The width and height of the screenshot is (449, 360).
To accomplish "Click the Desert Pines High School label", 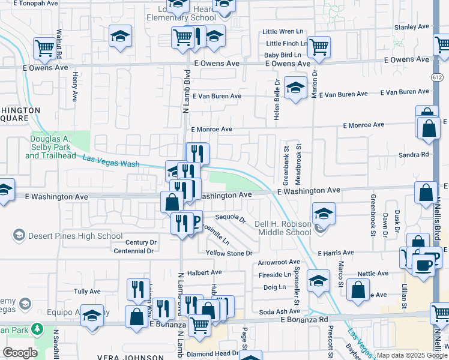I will point(76,236).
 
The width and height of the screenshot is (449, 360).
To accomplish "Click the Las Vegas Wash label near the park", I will point(111,161).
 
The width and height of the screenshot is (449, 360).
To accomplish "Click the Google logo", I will point(20,353).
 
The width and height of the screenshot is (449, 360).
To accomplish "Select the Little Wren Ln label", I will point(284,32).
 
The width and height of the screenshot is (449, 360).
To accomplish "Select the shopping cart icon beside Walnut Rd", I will point(44,47).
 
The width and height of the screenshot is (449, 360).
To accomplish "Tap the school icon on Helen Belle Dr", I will point(295,88).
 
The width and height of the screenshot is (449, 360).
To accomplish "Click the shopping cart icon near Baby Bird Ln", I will point(319,46).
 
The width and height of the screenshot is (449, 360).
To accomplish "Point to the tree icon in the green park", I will point(37,329).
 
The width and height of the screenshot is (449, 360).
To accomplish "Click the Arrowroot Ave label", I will point(279,262).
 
